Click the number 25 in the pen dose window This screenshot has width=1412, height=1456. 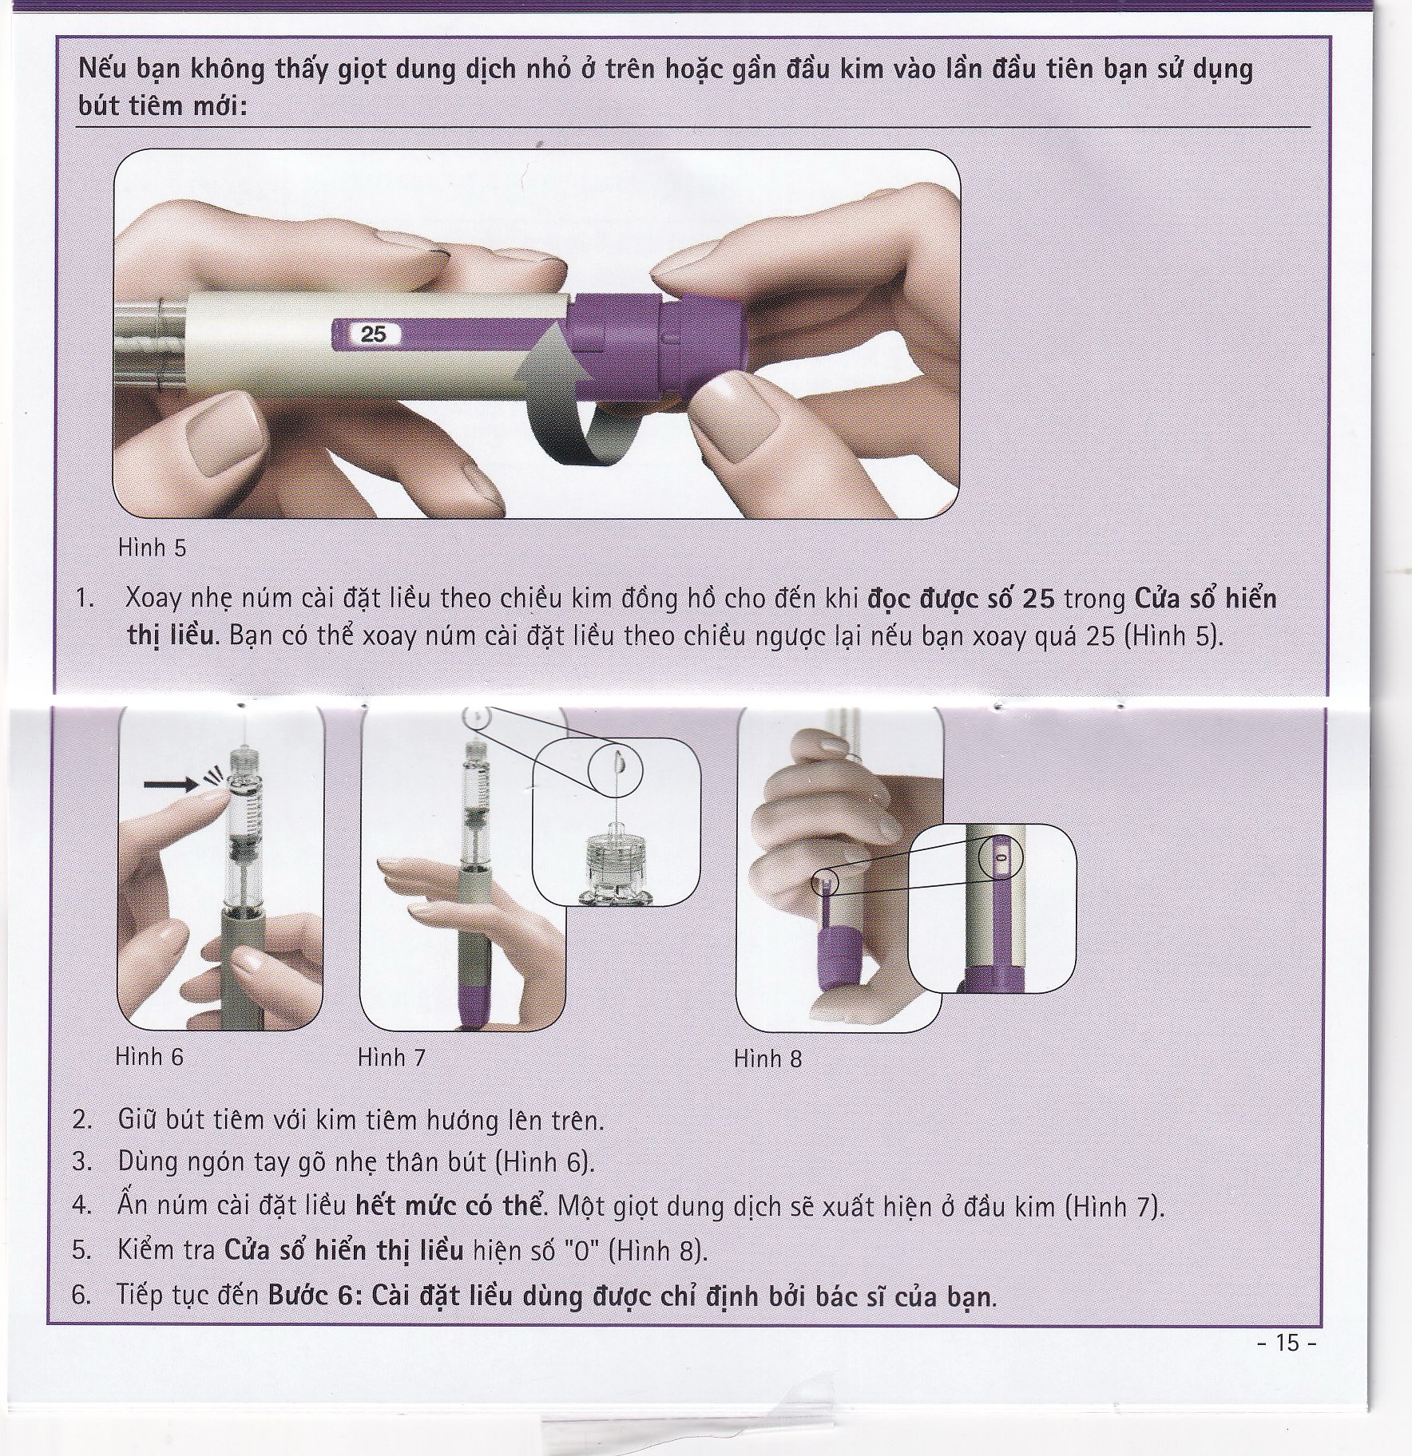(x=373, y=334)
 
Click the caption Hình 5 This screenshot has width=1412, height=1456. (x=152, y=548)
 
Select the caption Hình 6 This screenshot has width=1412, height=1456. (x=149, y=1057)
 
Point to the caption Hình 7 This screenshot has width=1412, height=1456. (x=391, y=1058)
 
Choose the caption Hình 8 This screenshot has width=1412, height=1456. (x=767, y=1058)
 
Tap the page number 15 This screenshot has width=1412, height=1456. (x=1287, y=1343)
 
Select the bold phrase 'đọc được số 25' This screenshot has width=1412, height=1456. (x=961, y=599)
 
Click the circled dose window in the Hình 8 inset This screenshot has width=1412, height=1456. (x=1000, y=856)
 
